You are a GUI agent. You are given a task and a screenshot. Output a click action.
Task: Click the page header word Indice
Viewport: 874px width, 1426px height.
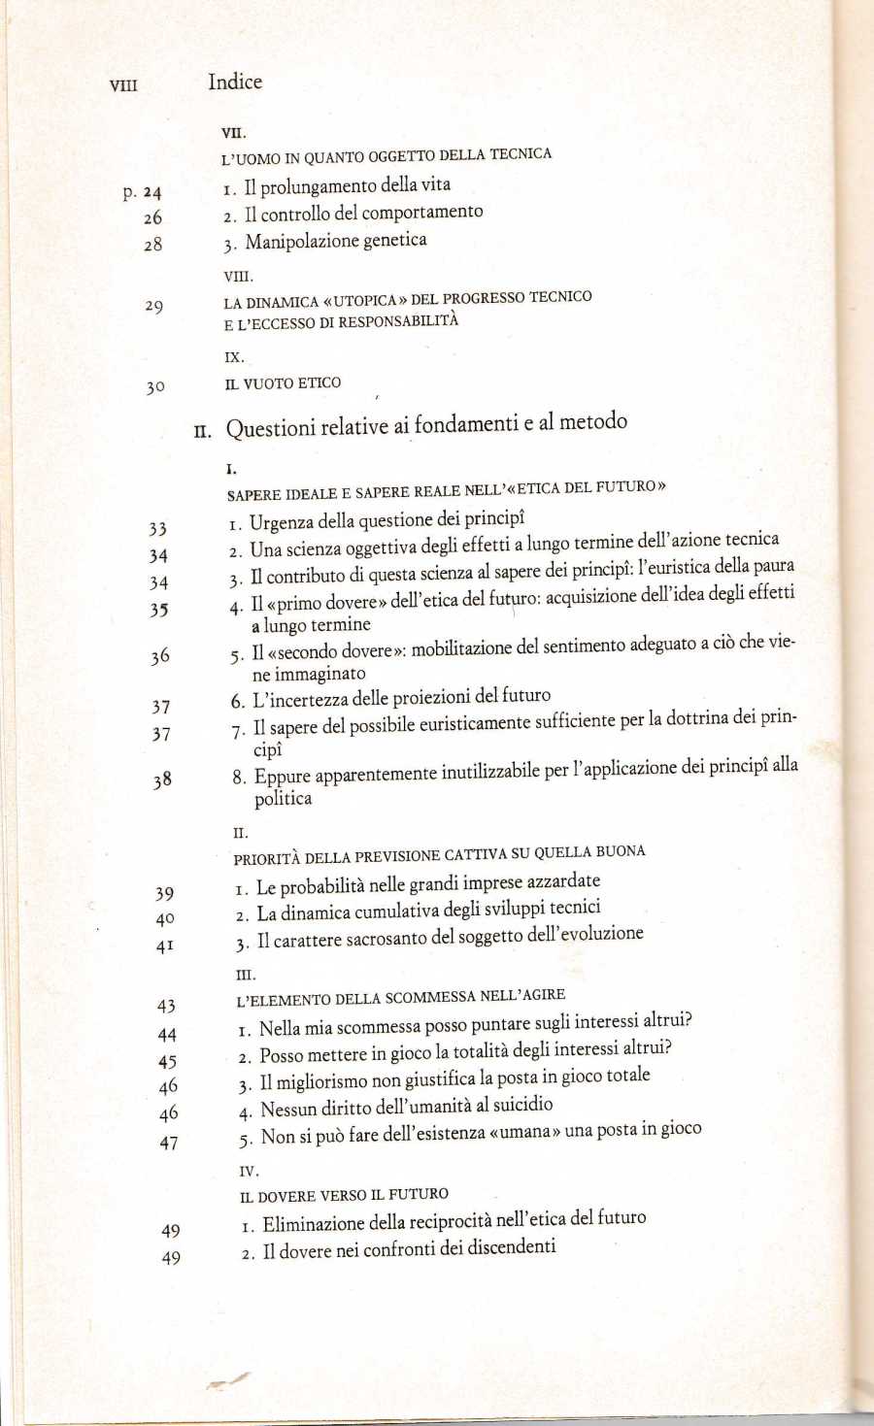point(235,83)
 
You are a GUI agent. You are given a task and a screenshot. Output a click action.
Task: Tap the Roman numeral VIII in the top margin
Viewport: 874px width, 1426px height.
point(124,85)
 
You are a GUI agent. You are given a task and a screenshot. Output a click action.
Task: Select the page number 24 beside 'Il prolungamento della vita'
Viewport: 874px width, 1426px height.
point(151,192)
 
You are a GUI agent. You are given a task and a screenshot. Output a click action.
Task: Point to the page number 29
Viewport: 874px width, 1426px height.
point(153,307)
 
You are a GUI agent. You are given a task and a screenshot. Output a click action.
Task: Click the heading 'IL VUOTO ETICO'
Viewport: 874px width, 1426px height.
point(283,383)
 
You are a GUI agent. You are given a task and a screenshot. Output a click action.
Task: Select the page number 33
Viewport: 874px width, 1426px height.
point(157,529)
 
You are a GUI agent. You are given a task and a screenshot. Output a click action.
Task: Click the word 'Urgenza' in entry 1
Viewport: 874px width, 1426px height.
point(282,522)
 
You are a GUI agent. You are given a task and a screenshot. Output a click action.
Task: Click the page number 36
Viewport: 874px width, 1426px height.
point(160,657)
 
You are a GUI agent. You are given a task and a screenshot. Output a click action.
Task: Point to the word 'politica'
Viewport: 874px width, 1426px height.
point(283,799)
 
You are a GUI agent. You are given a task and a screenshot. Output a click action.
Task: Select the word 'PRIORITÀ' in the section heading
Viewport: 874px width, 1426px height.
point(267,858)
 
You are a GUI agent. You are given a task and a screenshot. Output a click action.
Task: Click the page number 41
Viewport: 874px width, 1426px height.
point(165,945)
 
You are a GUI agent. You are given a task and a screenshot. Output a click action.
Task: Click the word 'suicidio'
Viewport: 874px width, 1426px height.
point(520,1105)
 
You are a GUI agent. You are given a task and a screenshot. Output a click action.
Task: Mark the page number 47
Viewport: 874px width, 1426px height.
point(169,1144)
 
